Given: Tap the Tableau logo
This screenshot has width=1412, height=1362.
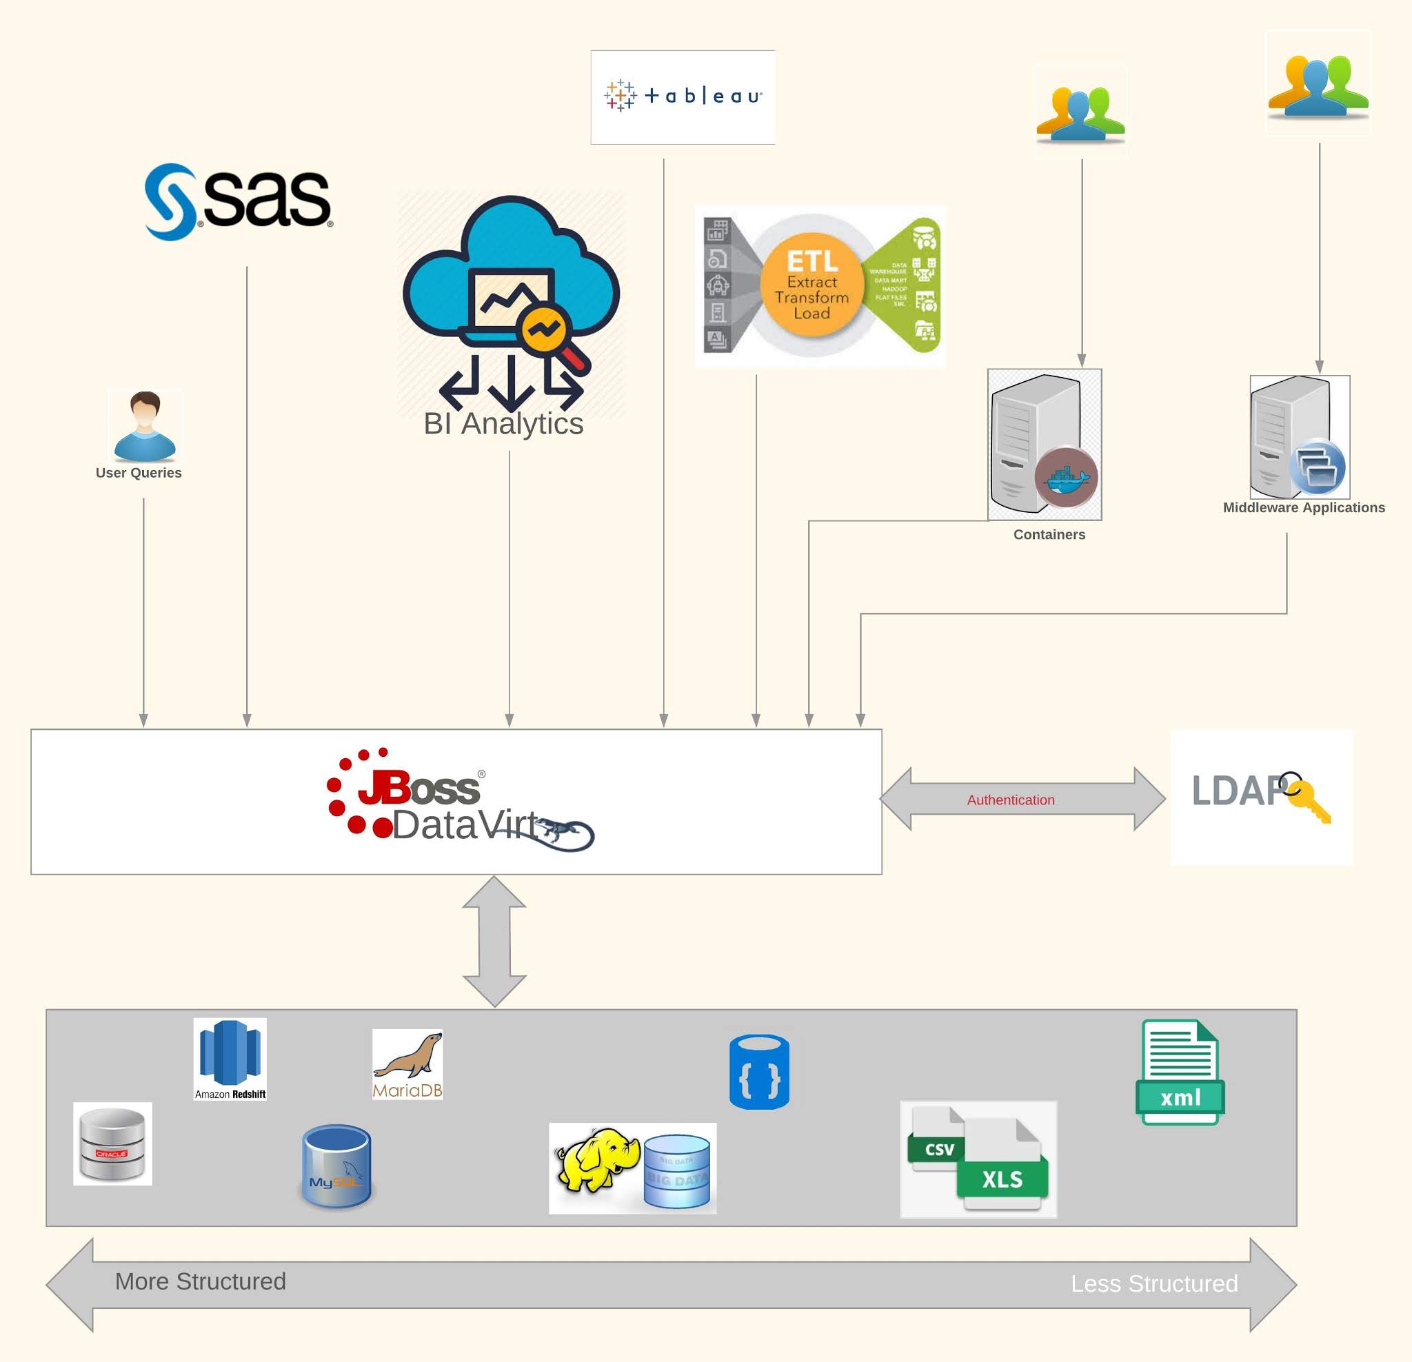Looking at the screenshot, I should [x=683, y=96].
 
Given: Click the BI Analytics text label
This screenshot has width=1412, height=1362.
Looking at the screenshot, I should [x=503, y=423].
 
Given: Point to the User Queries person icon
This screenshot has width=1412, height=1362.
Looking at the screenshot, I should [x=145, y=426].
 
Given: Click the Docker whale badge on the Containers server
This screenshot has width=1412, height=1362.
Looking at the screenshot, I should [x=1065, y=478].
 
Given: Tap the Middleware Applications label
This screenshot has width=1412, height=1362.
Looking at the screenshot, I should [x=1303, y=507].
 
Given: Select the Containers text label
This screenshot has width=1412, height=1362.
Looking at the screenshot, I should [x=1048, y=534].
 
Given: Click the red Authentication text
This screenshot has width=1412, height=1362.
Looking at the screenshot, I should [x=1010, y=800].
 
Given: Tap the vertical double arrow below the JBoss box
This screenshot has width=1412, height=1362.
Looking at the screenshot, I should [x=494, y=940].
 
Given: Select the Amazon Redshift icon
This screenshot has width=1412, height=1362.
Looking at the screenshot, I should [x=230, y=1057].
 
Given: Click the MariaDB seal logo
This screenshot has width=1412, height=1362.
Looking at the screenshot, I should [x=407, y=1063].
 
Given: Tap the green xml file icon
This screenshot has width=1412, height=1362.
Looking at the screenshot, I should [x=1180, y=1072].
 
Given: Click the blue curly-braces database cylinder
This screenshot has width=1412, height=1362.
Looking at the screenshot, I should [x=758, y=1071].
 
